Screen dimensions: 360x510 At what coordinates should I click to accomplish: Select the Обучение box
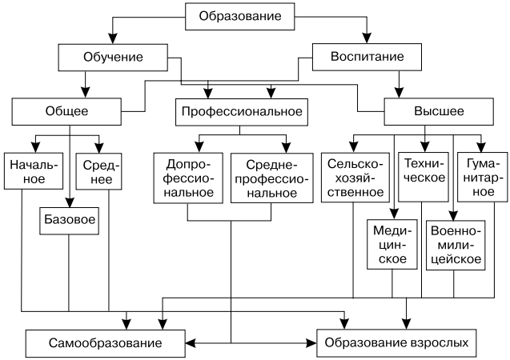click(x=113, y=57)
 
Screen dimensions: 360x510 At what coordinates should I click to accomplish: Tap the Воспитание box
click(x=367, y=57)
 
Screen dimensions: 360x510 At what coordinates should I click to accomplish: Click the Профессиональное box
click(x=241, y=111)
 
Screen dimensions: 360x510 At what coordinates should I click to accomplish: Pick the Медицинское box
click(x=392, y=244)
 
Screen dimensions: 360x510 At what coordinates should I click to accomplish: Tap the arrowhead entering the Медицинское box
click(x=392, y=214)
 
